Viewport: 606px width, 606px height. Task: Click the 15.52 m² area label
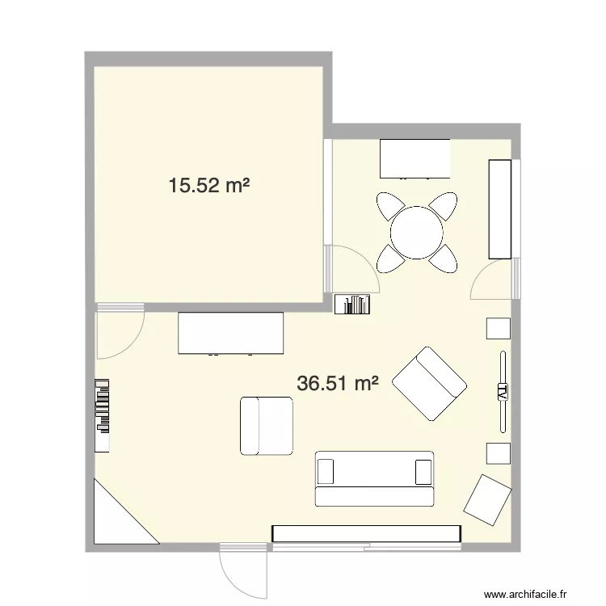[x=208, y=187]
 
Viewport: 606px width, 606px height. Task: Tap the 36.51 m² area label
[x=338, y=384]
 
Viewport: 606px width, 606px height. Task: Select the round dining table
[x=417, y=232]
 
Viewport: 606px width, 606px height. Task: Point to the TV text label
[x=503, y=393]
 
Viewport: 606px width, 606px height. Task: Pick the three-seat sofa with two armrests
[x=374, y=478]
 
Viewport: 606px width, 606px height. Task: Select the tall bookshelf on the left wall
[x=102, y=415]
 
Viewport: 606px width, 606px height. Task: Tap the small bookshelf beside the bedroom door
[x=354, y=304]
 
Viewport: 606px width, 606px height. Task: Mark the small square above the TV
[x=499, y=328]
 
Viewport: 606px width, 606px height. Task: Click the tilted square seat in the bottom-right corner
[x=487, y=499]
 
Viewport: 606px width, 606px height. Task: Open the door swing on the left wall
[x=116, y=333]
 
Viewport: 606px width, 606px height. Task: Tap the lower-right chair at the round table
[x=444, y=258]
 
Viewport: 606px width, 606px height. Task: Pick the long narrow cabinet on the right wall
[x=500, y=208]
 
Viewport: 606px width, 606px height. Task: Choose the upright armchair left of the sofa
[x=266, y=425]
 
